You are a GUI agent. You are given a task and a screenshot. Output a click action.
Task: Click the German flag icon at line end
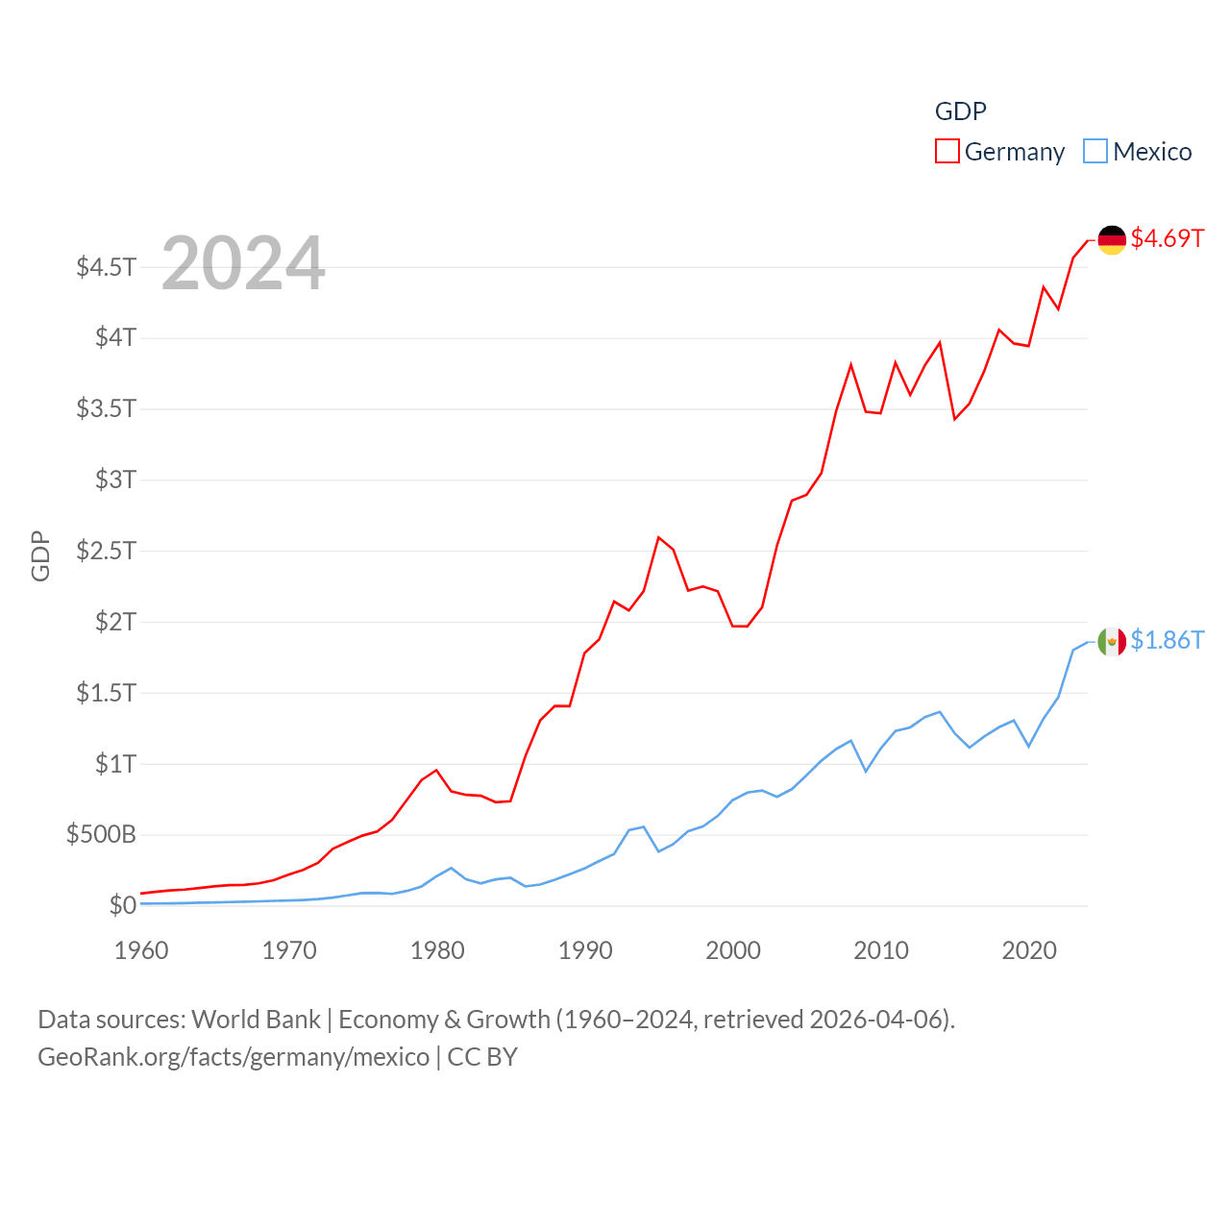1112,240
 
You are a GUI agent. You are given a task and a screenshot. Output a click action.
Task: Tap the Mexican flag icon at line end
1112,641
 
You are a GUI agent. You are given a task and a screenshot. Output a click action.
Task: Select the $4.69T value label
1167,238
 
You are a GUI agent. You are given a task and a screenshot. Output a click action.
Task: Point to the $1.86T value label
1167,640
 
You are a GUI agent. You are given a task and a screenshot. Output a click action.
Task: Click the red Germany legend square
947,152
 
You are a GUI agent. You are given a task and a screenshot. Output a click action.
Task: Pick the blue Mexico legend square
1095,152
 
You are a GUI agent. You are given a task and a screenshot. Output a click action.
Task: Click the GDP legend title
960,111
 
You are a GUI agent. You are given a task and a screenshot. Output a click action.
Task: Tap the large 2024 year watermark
243,263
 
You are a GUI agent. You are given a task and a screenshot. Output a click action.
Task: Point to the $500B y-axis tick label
101,834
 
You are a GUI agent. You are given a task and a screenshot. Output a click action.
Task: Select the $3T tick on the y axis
115,480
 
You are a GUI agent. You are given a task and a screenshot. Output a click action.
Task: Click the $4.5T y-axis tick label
107,267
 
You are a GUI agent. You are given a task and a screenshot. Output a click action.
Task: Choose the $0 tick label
122,905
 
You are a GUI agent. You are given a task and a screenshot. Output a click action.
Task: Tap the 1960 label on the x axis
141,950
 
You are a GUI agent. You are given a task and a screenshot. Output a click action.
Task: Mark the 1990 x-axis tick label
585,950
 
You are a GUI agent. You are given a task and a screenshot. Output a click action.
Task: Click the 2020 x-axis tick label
1029,950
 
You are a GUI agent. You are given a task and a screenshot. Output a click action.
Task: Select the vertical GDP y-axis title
40,555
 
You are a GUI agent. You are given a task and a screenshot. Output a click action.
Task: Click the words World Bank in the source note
256,1020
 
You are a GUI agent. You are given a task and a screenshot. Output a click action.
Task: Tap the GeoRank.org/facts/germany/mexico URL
234,1057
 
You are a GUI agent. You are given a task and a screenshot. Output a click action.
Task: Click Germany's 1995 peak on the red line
658,537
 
